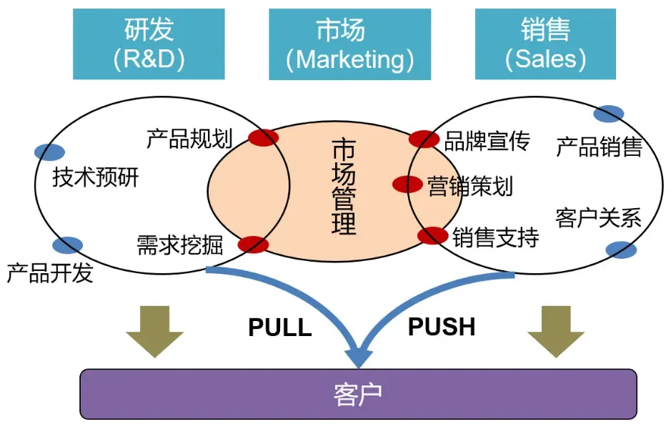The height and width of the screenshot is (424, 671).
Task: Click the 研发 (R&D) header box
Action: coord(149,44)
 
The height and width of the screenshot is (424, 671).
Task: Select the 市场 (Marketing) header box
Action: coord(349,44)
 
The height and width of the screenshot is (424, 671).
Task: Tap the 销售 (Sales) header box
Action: coord(545,44)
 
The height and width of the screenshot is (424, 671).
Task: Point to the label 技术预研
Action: coord(96,177)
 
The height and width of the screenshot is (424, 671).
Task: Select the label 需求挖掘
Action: coord(179,245)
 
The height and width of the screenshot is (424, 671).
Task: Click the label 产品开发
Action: coord(50,272)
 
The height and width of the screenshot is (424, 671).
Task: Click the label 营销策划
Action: coord(469,186)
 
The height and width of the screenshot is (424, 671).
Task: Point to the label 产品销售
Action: coord(599,147)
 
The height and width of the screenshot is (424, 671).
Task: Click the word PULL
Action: coord(280,327)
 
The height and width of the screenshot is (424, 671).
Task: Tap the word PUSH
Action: coord(442,327)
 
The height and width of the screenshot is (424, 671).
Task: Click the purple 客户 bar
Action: coord(358,393)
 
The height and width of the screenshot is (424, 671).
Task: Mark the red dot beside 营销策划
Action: coord(407,184)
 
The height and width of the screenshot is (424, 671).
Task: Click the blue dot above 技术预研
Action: coord(49,152)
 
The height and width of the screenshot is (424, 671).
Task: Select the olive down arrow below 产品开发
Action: coord(154,330)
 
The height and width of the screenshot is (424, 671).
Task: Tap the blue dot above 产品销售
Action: coord(608,114)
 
